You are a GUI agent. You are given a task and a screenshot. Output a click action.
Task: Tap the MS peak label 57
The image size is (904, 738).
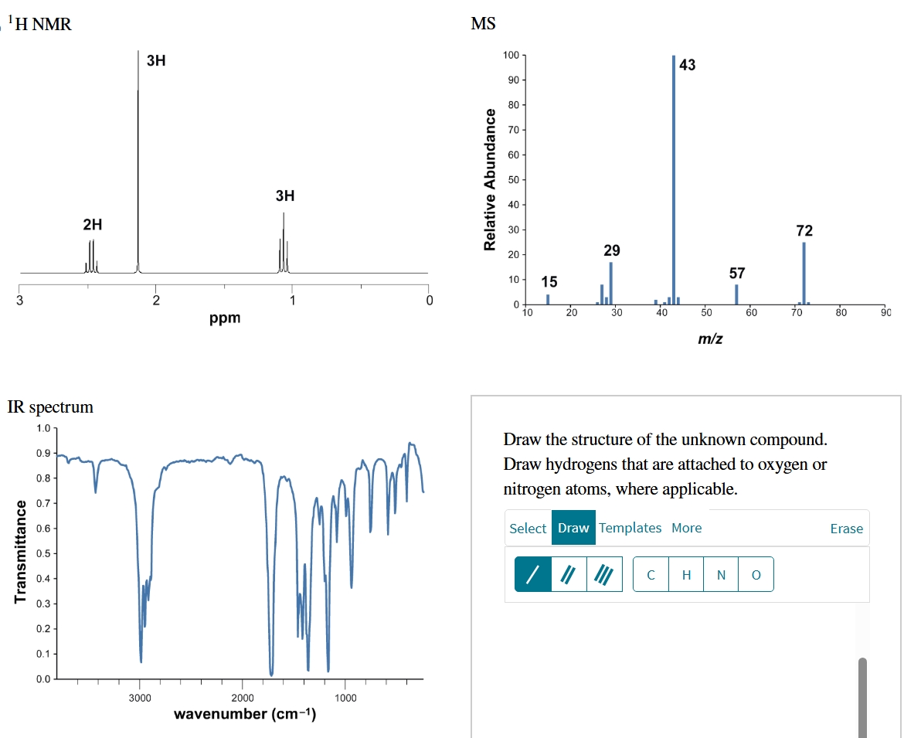[x=737, y=273]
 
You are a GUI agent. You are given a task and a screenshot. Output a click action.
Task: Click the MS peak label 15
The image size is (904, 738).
[x=549, y=281]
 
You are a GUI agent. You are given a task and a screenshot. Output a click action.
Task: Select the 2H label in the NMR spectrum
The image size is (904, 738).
[x=92, y=225]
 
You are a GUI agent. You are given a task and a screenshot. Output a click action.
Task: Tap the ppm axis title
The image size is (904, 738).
[x=225, y=318]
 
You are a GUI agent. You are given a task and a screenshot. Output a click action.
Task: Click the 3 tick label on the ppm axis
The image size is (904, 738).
[x=21, y=301]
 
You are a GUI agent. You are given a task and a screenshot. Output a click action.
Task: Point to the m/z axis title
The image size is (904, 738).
[x=710, y=338]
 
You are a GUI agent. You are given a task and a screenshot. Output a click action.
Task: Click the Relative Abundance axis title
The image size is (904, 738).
[x=489, y=179]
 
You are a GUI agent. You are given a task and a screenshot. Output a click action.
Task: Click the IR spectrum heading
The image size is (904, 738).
[x=50, y=406]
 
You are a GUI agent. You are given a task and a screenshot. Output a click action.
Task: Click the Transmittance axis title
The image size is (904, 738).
[x=21, y=552]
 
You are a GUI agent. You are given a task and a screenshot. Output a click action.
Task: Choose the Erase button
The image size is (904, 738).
[x=846, y=529]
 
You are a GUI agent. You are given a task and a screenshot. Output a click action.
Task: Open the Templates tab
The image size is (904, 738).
[x=630, y=528]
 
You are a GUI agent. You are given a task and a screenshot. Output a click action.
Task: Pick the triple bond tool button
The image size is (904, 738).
[x=604, y=574]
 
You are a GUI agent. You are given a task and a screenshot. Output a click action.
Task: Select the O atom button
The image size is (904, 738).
[x=756, y=575]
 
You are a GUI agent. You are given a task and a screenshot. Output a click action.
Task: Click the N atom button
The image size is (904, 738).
[x=721, y=575]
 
